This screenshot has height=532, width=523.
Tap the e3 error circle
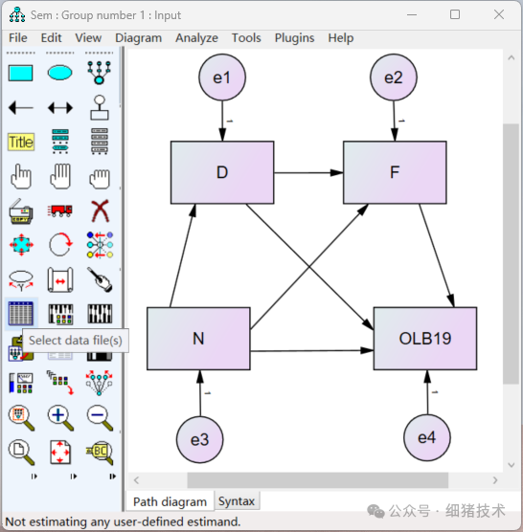click(x=199, y=439)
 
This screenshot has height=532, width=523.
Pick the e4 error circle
click(x=426, y=438)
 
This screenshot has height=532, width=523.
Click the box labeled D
click(x=222, y=172)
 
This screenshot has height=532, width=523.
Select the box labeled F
click(x=394, y=172)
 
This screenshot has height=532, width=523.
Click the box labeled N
click(x=198, y=338)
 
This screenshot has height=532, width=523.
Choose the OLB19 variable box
click(x=424, y=338)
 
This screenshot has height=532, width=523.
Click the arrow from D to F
click(x=308, y=173)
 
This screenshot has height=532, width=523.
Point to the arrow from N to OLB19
click(x=311, y=350)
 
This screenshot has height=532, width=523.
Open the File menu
click(x=18, y=38)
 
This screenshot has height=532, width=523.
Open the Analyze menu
click(x=196, y=38)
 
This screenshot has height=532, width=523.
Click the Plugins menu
click(x=294, y=38)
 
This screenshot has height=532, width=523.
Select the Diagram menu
click(x=139, y=38)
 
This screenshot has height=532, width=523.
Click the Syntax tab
click(x=237, y=501)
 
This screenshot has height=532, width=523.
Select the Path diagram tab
click(x=170, y=501)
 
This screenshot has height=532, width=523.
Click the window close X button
click(x=498, y=14)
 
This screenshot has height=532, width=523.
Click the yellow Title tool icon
click(x=20, y=143)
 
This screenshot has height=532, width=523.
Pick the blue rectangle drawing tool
click(x=20, y=73)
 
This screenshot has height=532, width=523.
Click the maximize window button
click(x=455, y=14)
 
